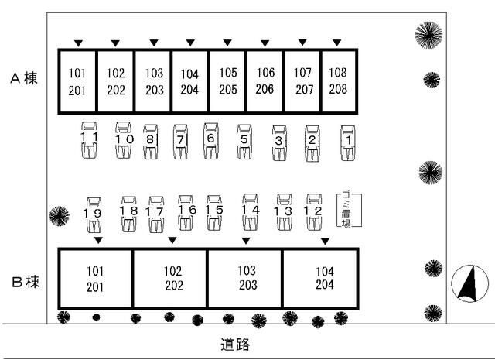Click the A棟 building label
[24, 78]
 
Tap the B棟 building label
[26, 282]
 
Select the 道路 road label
[235, 345]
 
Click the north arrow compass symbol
[469, 283]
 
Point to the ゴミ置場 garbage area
[349, 209]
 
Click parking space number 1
[348, 143]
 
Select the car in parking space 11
[89, 139]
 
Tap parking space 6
[211, 141]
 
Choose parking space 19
[94, 215]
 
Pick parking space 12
[314, 212]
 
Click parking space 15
[214, 212]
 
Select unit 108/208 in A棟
[339, 81]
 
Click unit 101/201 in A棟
[77, 81]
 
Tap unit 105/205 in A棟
[227, 81]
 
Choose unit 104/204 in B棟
[320, 278]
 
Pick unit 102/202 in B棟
[170, 278]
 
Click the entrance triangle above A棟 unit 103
[154, 43]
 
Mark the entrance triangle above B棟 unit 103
[246, 241]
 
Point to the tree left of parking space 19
[60, 216]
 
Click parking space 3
[280, 143]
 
